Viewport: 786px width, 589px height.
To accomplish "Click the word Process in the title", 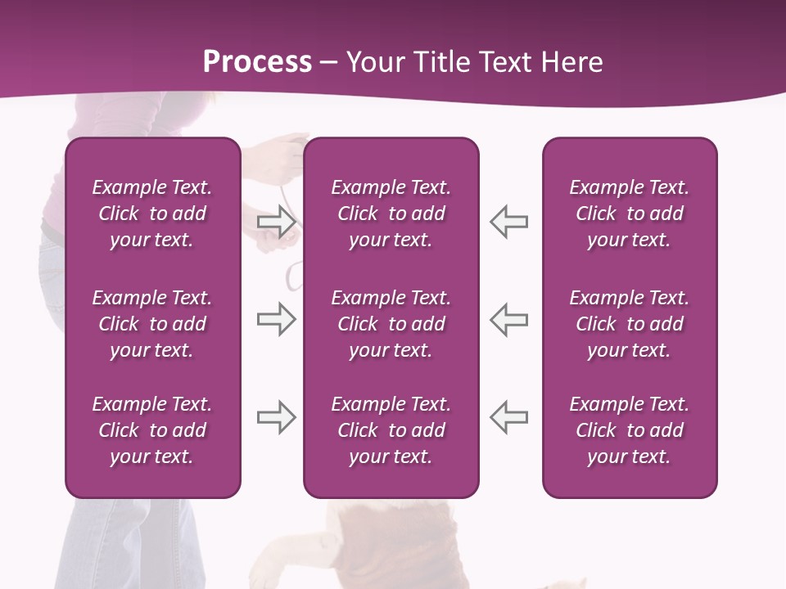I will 257,62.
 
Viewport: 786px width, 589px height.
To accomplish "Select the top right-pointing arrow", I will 276,222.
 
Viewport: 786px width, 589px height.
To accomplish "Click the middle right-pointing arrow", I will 276,319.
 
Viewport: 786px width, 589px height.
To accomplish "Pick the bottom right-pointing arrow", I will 276,417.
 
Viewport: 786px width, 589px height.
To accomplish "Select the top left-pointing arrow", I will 508,222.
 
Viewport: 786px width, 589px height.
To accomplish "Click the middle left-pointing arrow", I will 508,319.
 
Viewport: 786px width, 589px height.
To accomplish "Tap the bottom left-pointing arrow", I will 508,417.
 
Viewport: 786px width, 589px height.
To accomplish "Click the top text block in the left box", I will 152,214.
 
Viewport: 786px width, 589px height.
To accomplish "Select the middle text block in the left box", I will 152,324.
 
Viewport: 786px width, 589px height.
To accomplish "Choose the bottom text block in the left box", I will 152,430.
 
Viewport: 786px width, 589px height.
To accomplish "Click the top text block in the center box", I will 391,214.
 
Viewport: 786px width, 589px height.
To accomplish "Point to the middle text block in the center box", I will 391,324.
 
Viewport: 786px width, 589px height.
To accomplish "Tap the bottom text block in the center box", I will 391,430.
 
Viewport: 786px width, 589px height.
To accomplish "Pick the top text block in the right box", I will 630,214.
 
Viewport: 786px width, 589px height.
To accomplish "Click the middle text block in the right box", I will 630,324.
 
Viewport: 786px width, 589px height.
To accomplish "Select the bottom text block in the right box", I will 630,430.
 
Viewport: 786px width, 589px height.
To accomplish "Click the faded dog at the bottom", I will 393,540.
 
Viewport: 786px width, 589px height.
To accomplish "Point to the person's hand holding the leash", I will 282,151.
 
